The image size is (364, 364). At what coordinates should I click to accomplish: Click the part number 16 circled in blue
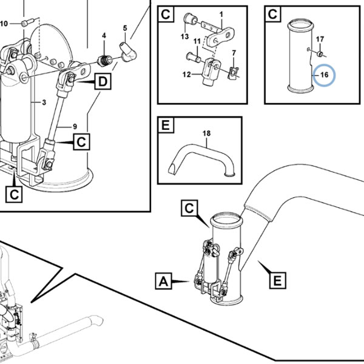[x=325, y=75]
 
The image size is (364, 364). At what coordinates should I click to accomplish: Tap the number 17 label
[x=320, y=39]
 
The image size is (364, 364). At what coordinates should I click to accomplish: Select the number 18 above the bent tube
[x=206, y=133]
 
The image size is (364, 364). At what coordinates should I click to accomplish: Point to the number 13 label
[x=185, y=36]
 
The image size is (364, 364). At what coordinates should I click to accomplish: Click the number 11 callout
[x=197, y=41]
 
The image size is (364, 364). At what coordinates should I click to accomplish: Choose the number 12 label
[x=186, y=75]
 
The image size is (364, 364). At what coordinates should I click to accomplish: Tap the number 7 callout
[x=234, y=53]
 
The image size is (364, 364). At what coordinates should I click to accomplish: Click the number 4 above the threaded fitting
[x=104, y=36]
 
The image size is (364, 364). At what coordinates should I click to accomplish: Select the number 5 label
[x=125, y=28]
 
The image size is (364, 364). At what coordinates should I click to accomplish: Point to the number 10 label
[x=4, y=24]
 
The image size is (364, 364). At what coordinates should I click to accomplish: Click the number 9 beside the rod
[x=75, y=127]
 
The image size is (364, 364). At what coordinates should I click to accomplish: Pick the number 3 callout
[x=44, y=103]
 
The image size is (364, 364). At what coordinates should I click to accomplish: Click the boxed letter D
[x=103, y=81]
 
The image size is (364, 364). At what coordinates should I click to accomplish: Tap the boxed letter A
[x=164, y=281]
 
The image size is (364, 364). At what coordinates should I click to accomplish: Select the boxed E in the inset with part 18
[x=166, y=125]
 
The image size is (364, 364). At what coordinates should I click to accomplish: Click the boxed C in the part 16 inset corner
[x=272, y=14]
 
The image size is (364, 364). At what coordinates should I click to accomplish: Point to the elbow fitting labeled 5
[x=127, y=52]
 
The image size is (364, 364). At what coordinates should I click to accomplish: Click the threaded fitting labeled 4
[x=104, y=61]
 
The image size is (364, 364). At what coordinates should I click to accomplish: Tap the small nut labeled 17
[x=320, y=54]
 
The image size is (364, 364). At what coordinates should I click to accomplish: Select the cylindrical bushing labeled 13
[x=189, y=19]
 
